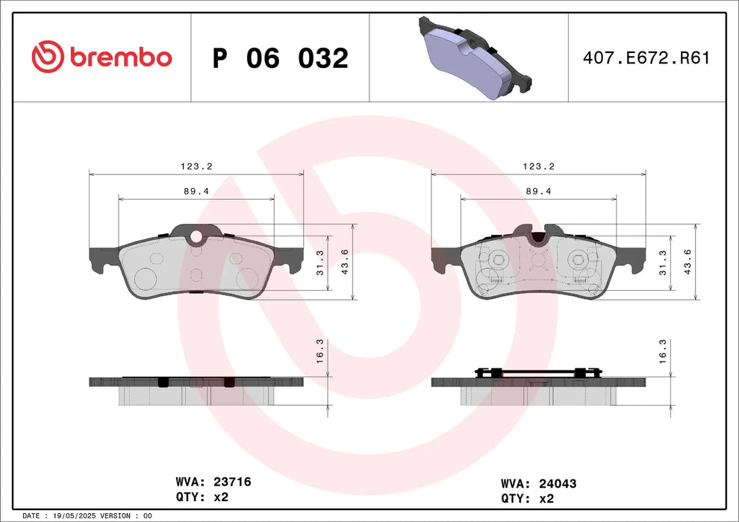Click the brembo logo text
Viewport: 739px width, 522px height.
[121, 57]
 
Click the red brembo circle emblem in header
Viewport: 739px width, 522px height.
[49, 57]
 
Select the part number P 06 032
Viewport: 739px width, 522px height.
[280, 58]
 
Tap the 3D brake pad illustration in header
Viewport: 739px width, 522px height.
[472, 57]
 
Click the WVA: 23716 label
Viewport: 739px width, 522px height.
[212, 482]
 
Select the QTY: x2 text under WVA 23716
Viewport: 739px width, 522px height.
[201, 497]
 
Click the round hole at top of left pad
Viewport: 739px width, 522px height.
[196, 238]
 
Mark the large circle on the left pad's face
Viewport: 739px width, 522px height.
[145, 279]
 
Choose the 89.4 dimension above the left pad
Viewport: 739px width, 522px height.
[196, 192]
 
